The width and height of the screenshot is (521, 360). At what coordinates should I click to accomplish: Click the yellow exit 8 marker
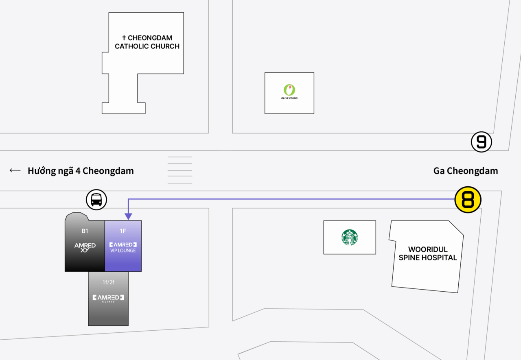pos(468,200)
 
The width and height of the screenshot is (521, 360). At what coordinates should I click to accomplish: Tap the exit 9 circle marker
pos(481,142)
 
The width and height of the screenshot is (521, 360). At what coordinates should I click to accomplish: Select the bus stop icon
pos(96,200)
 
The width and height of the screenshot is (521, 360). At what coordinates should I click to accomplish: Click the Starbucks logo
pos(350,237)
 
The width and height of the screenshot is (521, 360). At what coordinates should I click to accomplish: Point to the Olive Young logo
pos(289,92)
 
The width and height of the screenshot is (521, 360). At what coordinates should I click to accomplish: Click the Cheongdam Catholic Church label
pos(147,42)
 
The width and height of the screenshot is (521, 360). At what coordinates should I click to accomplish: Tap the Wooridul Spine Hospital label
pos(428,253)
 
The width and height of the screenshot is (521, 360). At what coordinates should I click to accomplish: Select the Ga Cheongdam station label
pos(466,171)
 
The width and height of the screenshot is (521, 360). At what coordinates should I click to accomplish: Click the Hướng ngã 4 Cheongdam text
pos(81,171)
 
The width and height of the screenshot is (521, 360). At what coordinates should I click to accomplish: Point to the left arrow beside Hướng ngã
pos(15,170)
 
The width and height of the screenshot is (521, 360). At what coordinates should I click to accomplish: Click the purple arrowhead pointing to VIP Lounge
pos(128,216)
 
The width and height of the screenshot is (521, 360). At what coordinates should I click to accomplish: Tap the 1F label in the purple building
pos(123,231)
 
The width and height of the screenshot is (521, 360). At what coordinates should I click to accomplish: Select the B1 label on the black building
pos(85,231)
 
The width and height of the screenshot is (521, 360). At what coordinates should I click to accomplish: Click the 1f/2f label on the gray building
pos(108,282)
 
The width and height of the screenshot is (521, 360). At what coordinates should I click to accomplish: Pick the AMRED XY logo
pos(85,247)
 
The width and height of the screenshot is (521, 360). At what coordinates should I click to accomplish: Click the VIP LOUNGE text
pos(123,251)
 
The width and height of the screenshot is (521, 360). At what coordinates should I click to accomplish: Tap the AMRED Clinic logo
pos(108,299)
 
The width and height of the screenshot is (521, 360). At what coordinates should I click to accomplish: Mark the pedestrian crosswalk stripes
pos(180,170)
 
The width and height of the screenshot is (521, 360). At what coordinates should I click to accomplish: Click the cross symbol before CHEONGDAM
pos(124,38)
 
